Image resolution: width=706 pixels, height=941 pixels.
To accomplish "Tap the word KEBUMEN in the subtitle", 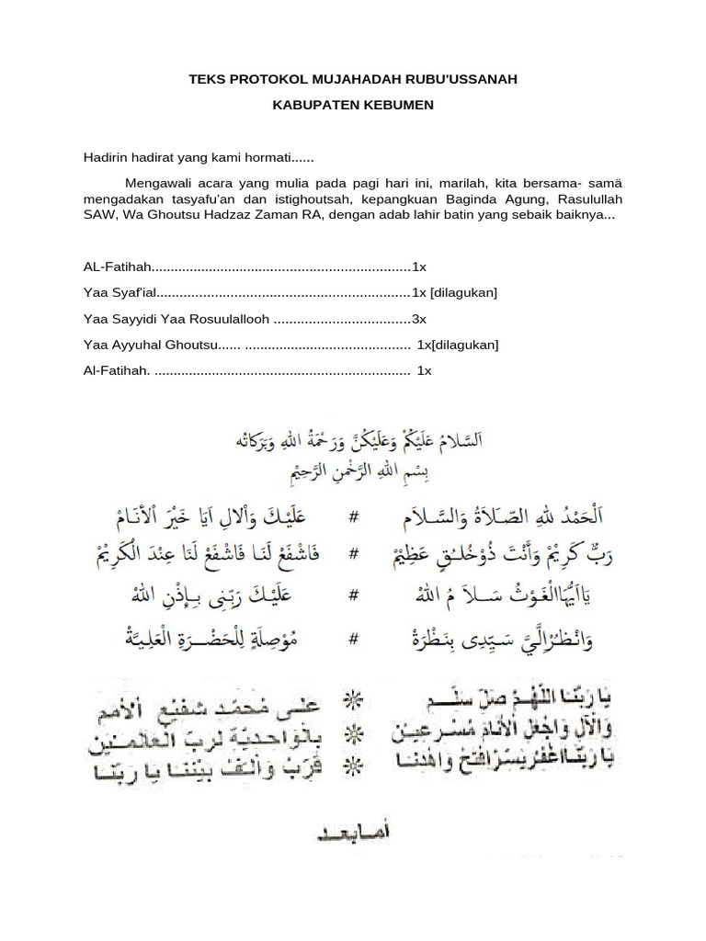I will [x=393, y=106].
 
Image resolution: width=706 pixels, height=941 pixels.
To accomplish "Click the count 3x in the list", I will [x=419, y=319].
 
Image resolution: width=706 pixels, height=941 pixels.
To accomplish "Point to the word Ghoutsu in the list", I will [x=188, y=346].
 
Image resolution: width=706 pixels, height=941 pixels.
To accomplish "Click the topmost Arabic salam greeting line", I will [x=357, y=439].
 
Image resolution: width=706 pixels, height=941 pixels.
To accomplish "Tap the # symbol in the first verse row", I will [x=353, y=517].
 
